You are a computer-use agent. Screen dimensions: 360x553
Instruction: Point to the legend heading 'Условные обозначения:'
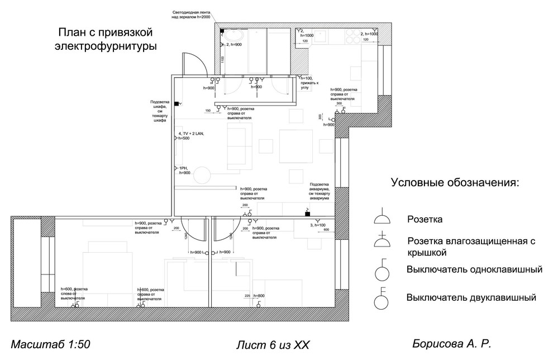click(x=455, y=183)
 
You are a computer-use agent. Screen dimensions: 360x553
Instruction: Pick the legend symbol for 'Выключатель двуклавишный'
click(x=382, y=299)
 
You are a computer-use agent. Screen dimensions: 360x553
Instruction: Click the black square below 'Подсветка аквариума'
click(x=307, y=214)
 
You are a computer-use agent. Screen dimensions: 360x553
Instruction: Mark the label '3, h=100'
click(x=317, y=225)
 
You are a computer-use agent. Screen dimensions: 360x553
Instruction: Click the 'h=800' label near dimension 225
click(x=259, y=295)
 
